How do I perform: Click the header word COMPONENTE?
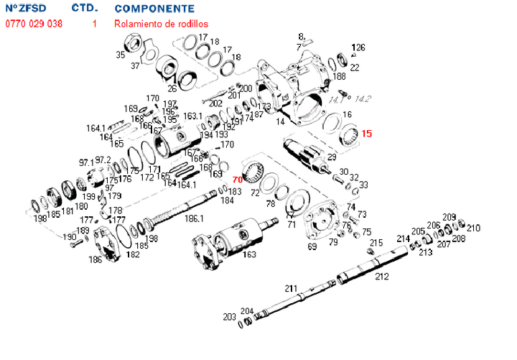(154, 9)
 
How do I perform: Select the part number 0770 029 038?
(34, 24)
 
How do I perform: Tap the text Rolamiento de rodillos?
(161, 24)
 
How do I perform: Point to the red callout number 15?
(366, 134)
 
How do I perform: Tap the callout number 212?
(382, 275)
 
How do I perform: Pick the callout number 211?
(290, 288)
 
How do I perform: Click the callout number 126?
(358, 47)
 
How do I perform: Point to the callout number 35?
(121, 55)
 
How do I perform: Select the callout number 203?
(229, 316)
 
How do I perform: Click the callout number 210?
(473, 228)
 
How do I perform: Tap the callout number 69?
(312, 246)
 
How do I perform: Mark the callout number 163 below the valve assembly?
(250, 254)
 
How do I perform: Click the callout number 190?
(69, 236)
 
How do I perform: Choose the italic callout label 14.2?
(363, 98)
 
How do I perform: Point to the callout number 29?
(332, 157)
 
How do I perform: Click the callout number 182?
(133, 254)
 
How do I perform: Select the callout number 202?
(215, 103)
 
